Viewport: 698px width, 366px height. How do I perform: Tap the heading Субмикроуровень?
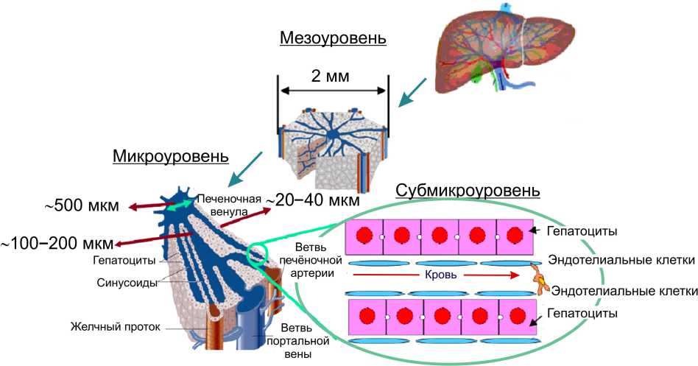click(x=468, y=191)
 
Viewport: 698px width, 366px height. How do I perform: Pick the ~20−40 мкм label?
click(x=312, y=200)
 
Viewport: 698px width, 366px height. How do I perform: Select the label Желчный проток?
click(x=116, y=326)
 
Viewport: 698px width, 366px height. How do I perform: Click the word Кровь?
click(x=444, y=275)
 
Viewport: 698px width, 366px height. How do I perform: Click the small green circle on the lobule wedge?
click(x=256, y=253)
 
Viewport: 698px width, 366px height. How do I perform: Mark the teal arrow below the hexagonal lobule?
click(x=244, y=169)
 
